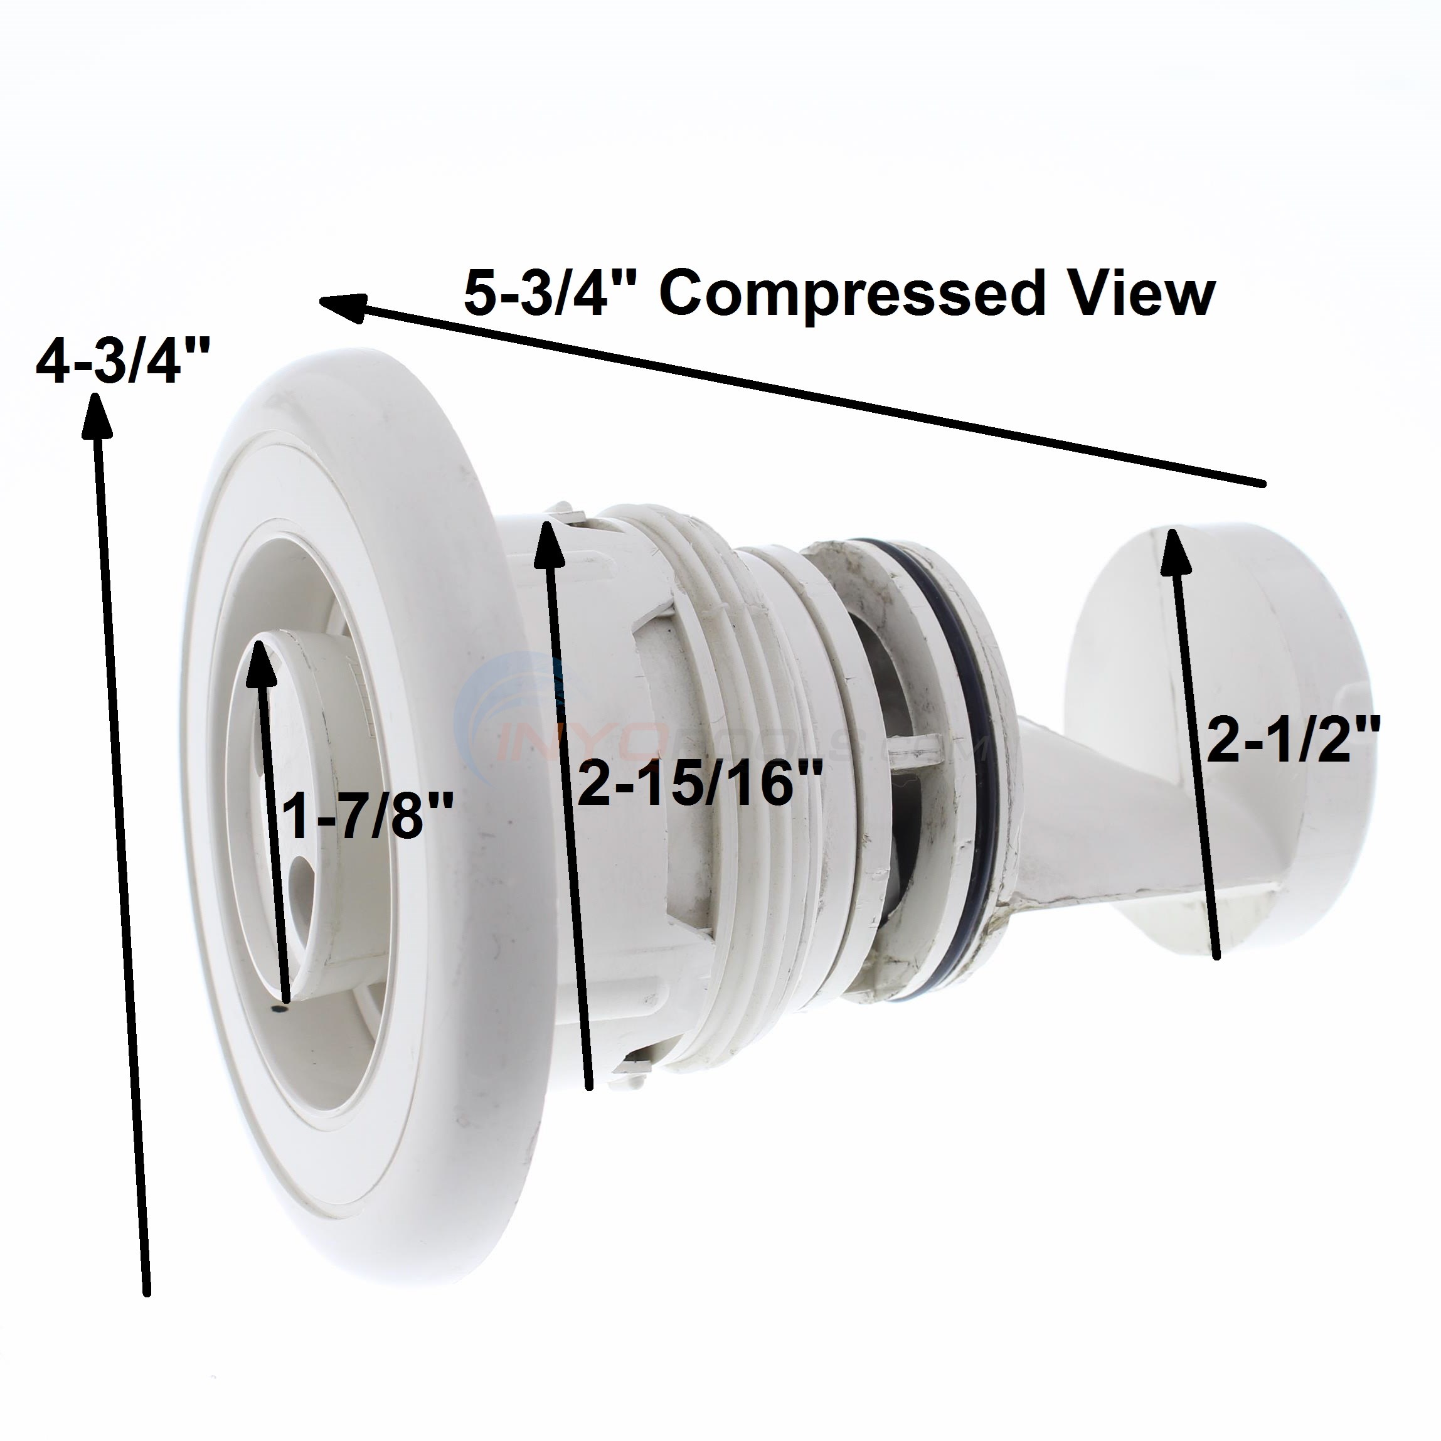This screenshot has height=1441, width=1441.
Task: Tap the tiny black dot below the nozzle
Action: [278, 1010]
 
